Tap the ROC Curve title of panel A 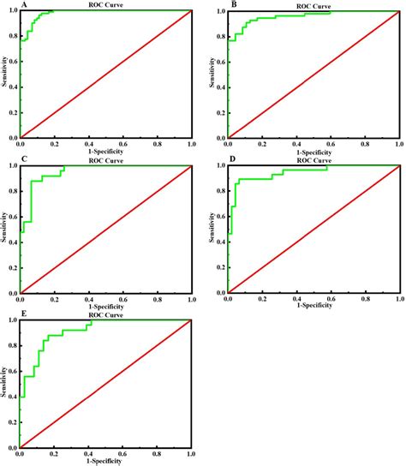(104, 5)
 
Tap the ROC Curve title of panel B (313, 6)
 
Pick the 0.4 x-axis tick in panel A (88, 143)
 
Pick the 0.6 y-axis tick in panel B (220, 62)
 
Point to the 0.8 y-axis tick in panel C (12, 191)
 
